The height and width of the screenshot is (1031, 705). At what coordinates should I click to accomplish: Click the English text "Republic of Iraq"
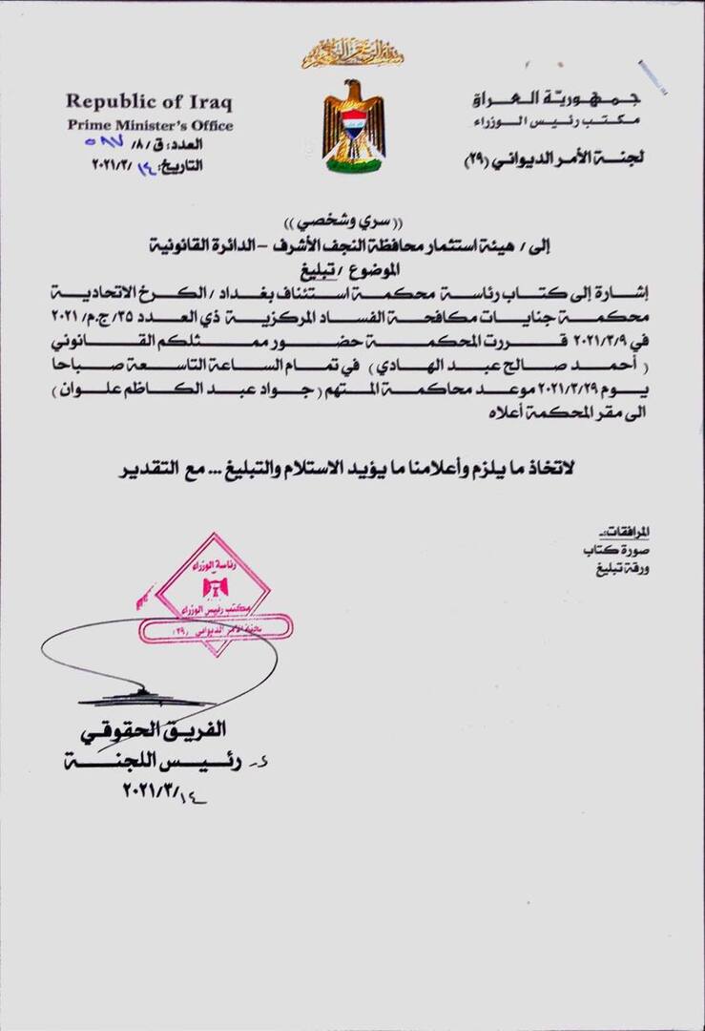[148, 102]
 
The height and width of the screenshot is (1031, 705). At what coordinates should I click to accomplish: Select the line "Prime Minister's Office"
[149, 125]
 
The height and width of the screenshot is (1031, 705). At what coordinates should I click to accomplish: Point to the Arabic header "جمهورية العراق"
[557, 99]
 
